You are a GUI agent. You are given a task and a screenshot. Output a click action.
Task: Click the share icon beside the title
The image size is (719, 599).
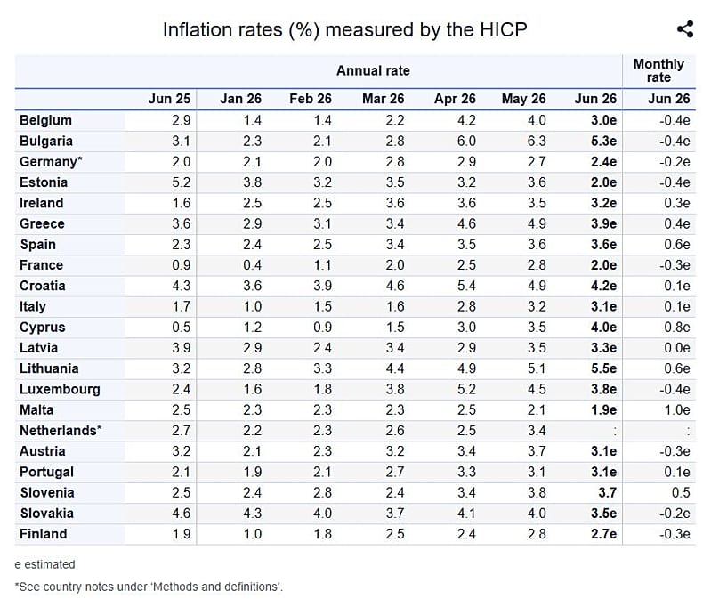685,29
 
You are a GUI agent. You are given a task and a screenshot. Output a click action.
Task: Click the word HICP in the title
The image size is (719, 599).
503,29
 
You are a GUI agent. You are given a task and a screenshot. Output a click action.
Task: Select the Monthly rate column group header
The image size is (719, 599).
658,70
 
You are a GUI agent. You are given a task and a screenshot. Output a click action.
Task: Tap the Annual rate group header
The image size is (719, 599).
373,70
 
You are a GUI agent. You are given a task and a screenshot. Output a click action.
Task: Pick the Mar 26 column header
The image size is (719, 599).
383,99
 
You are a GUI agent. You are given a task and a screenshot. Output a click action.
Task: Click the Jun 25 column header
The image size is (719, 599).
169,99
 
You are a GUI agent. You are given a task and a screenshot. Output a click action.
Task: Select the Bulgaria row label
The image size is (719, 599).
46,141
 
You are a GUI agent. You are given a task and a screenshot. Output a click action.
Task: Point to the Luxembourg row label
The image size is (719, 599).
60,390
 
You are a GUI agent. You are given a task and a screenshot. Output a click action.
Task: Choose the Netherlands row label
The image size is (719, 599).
61,431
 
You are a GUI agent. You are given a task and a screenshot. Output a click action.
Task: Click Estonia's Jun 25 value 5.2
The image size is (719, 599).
182,182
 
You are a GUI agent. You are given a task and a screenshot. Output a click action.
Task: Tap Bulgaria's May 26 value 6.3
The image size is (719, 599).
537,141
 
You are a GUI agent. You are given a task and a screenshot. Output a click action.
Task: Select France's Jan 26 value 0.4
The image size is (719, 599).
252,265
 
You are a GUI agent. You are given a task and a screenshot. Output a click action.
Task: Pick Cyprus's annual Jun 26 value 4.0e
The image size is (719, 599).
603,328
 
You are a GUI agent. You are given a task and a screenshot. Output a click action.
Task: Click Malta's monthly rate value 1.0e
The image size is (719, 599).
677,410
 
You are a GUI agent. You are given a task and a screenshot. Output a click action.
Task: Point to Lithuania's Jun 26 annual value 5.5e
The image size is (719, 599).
603,368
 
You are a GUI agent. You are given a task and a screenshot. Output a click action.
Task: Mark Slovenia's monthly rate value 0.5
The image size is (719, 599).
681,492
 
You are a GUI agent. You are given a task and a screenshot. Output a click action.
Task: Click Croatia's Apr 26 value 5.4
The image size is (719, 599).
466,286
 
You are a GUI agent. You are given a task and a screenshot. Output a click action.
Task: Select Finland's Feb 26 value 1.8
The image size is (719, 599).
322,534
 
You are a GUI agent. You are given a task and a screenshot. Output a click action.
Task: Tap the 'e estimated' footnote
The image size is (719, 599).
44,564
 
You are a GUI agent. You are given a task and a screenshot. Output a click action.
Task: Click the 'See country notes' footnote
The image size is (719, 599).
149,587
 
